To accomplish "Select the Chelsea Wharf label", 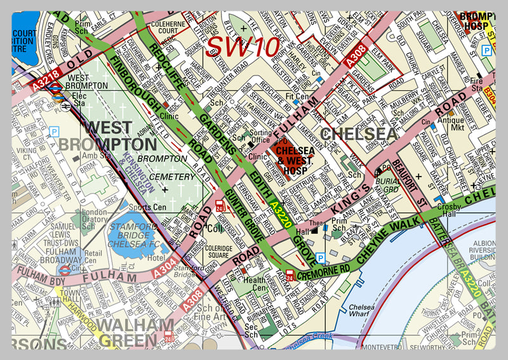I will click(363, 310).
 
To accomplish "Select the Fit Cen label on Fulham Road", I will click(297, 97).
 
